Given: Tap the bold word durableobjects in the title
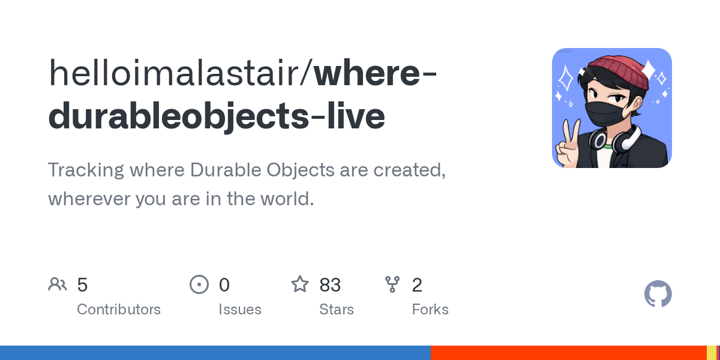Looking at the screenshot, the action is click(x=178, y=116).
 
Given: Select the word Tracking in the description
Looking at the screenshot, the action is click(x=86, y=170).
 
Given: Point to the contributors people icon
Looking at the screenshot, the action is click(x=58, y=284).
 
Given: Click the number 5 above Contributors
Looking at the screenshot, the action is click(x=82, y=285).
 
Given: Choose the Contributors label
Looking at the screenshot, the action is click(x=119, y=310).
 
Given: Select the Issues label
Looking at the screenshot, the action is click(x=240, y=310).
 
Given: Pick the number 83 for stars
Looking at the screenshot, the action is click(x=330, y=285).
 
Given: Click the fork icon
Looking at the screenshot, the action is click(x=392, y=284).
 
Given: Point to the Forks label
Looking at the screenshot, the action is click(x=430, y=310).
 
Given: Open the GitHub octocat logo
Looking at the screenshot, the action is click(x=658, y=294).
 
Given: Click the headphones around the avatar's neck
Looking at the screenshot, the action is click(x=614, y=140).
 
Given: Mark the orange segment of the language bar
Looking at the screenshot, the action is click(x=569, y=353).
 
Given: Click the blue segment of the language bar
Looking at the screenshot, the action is click(x=215, y=353).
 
